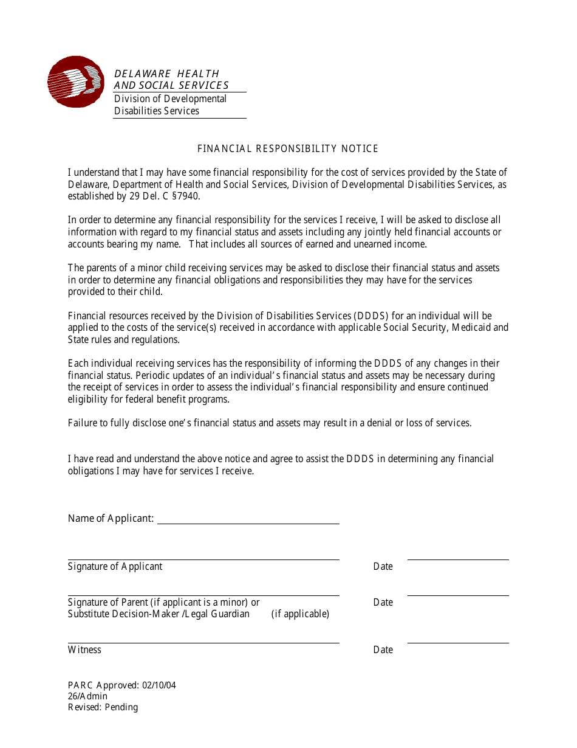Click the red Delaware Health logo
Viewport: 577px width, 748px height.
[x=76, y=82]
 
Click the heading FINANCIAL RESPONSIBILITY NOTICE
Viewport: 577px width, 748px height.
[x=288, y=149]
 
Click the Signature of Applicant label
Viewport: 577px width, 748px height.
[x=115, y=567]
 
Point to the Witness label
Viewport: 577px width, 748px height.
[x=84, y=650]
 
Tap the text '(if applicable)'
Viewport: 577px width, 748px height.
[x=300, y=614]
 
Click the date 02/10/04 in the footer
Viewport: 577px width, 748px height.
[x=159, y=685]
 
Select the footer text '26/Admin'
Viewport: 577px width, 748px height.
[x=87, y=696]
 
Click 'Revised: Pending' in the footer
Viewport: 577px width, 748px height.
[x=103, y=707]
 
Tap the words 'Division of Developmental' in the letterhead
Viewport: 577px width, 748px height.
[x=170, y=99]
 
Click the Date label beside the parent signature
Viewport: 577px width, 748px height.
[x=383, y=603]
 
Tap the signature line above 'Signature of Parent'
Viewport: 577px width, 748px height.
[x=203, y=595]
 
